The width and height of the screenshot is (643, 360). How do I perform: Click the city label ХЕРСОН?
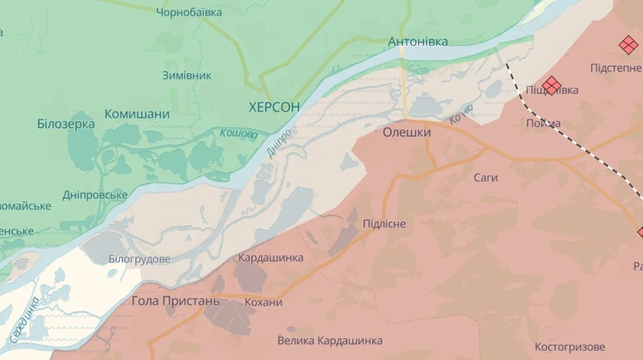[x=274, y=107]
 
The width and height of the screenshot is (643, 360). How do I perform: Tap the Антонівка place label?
[x=418, y=41]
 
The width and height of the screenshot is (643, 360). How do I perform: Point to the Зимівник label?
[x=186, y=75]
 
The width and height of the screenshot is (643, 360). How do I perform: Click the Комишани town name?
[x=137, y=114]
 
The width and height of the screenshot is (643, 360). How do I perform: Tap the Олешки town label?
[x=407, y=132]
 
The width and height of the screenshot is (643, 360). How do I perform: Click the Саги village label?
[x=485, y=178]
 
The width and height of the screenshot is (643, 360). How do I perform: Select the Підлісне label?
[x=384, y=224]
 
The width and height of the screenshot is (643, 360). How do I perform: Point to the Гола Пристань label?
[x=175, y=301]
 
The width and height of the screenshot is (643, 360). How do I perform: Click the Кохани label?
[x=264, y=302]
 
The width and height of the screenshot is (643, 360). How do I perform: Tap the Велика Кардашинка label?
[x=330, y=340]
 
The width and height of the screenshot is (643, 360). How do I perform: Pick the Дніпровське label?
[x=95, y=195]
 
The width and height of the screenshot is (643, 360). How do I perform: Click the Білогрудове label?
[x=139, y=259]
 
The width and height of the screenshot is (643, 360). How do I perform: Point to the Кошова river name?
[x=239, y=133]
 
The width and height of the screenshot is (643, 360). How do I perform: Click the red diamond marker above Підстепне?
[x=627, y=44]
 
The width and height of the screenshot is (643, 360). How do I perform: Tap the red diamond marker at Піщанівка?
[x=551, y=85]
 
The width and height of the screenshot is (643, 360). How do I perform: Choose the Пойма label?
[x=544, y=124]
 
